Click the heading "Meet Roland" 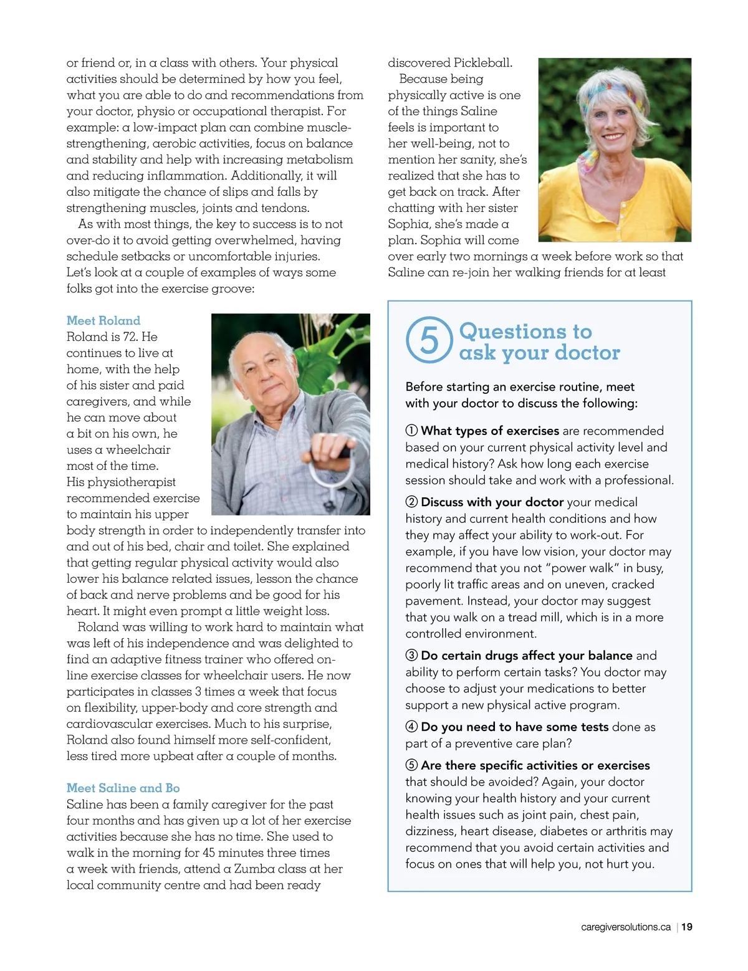tap(103, 320)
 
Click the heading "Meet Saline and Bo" tap(123, 788)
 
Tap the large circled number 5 tap(429, 340)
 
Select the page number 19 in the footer tap(686, 927)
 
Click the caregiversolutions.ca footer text tap(625, 927)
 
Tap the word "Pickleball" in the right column tap(482, 62)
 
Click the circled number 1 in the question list tap(411, 431)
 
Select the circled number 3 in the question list tap(411, 656)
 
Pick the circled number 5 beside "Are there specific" tap(411, 765)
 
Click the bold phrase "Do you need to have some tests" tap(514, 727)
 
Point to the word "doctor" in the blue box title tap(584, 353)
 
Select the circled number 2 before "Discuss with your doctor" tap(411, 502)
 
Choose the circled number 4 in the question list tap(411, 727)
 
